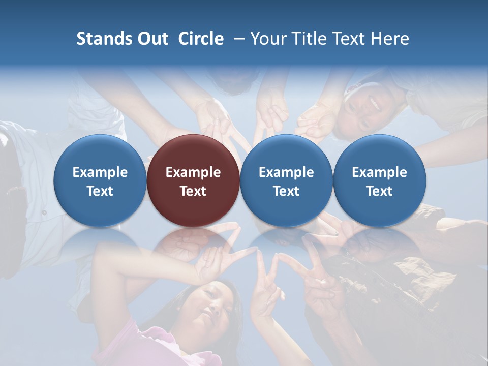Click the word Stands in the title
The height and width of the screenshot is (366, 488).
[x=105, y=39]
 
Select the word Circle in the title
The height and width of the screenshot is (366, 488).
[x=201, y=39]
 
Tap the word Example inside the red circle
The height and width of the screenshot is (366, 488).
[x=193, y=172]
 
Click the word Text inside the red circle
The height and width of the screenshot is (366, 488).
[x=193, y=191]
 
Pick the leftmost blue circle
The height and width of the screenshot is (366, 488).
[x=100, y=180]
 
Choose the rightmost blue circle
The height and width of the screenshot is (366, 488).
[x=380, y=180]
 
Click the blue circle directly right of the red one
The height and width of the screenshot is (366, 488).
[x=286, y=180]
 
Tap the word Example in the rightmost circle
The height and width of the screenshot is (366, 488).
[x=380, y=172]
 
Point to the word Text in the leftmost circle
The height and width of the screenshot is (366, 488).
[x=100, y=191]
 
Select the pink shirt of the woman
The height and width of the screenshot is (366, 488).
[x=152, y=346]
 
